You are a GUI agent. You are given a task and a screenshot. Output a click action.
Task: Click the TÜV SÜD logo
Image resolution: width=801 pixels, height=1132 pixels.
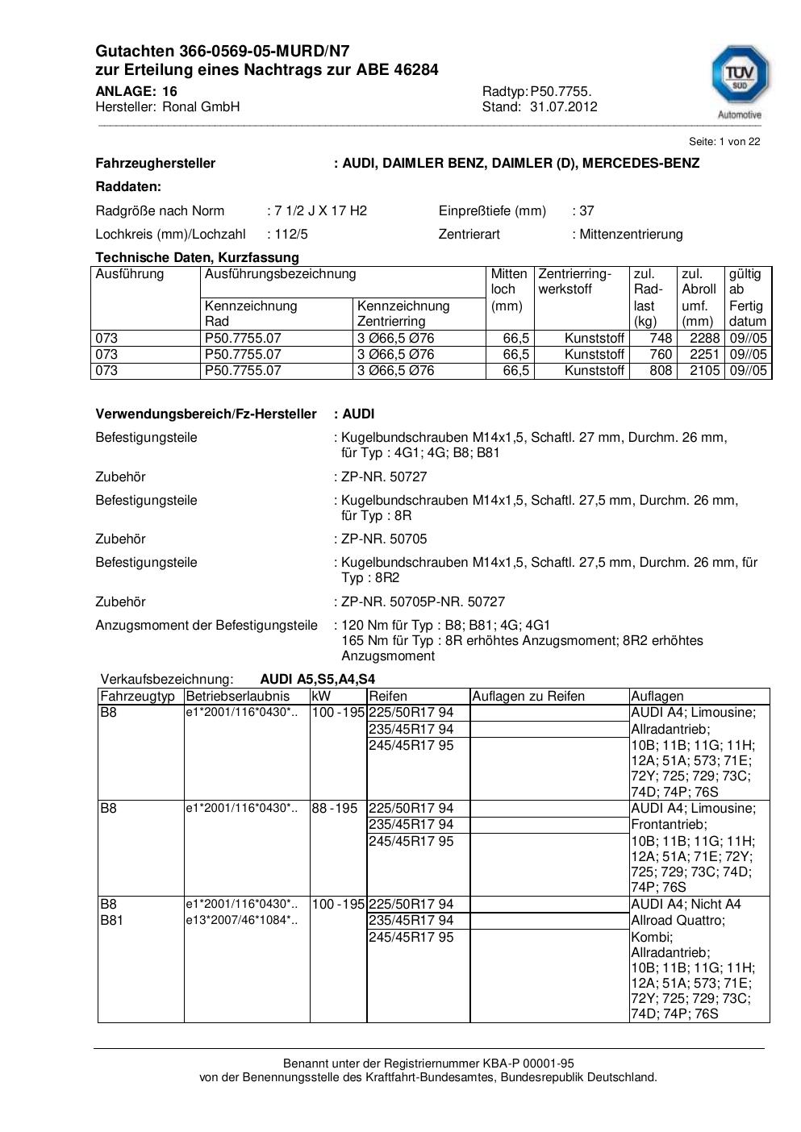pyautogui.click(x=739, y=78)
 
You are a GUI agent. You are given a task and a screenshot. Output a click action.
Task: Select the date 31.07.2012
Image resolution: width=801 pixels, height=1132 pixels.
pyautogui.click(x=563, y=106)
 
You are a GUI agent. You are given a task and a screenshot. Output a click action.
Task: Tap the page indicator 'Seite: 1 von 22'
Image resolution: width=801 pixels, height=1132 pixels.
pyautogui.click(x=724, y=141)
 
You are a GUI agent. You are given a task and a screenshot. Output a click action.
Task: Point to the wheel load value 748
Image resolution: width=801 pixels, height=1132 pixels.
pyautogui.click(x=661, y=338)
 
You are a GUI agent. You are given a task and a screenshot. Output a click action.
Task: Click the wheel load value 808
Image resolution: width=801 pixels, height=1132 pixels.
pyautogui.click(x=661, y=371)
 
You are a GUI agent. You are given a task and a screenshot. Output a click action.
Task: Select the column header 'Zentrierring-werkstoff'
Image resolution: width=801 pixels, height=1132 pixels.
pyautogui.click(x=575, y=281)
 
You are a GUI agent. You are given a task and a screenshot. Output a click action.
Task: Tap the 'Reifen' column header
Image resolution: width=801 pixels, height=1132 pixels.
pyautogui.click(x=388, y=696)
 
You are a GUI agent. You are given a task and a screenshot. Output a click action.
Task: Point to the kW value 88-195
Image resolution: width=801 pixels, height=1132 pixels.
pyautogui.click(x=334, y=808)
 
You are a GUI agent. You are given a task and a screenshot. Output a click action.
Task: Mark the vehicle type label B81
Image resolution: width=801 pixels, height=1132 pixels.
pyautogui.click(x=111, y=920)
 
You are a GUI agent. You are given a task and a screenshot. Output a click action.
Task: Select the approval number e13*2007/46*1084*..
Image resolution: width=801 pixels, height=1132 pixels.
pyautogui.click(x=241, y=920)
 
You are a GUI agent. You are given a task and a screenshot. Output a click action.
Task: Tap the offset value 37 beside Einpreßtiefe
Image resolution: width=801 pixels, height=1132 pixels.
pyautogui.click(x=586, y=210)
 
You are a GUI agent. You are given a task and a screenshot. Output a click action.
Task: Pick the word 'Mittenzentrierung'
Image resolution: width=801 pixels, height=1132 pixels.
pyautogui.click(x=631, y=234)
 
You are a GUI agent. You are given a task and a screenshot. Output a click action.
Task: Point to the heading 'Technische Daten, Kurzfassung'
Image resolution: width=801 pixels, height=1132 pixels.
pyautogui.click(x=197, y=257)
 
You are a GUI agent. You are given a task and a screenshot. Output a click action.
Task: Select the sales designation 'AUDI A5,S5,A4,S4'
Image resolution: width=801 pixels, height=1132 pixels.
pyautogui.click(x=317, y=679)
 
